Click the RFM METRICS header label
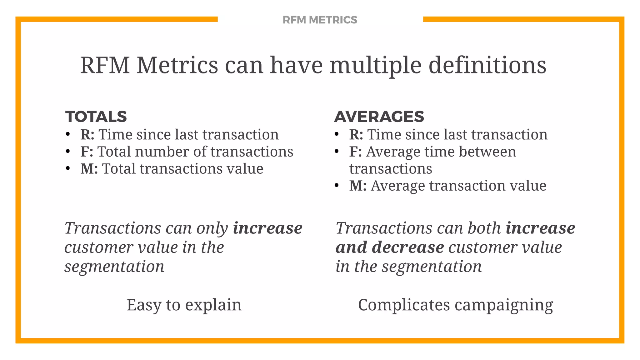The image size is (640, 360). tap(320, 20)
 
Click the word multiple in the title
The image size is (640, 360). tap(375, 65)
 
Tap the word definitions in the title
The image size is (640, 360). tap(487, 65)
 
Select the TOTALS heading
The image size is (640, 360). tap(96, 117)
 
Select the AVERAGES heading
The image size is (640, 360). tap(379, 117)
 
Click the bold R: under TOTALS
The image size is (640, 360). tap(87, 135)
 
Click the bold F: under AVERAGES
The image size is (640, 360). tap(355, 152)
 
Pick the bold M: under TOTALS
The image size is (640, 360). tap(89, 169)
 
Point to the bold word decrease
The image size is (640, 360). tap(407, 247)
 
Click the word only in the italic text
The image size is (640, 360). tap(212, 228)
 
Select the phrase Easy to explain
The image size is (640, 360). tap(184, 305)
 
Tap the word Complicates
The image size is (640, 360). tap(404, 305)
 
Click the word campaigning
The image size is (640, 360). tap(504, 305)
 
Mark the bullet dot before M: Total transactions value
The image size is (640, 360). tap(68, 168)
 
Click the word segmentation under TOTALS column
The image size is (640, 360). tap(114, 267)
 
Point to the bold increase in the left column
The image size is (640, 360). tap(267, 228)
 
